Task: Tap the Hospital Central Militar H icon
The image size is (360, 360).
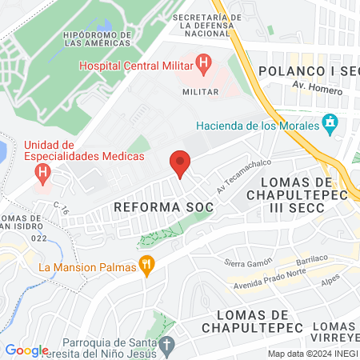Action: pyautogui.click(x=203, y=62)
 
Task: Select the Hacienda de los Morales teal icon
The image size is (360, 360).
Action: pyautogui.click(x=328, y=123)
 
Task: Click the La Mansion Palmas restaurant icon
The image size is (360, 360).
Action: pyautogui.click(x=146, y=266)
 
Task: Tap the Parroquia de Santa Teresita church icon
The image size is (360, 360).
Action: pyautogui.click(x=166, y=346)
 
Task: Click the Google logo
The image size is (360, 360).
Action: pyautogui.click(x=26, y=350)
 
